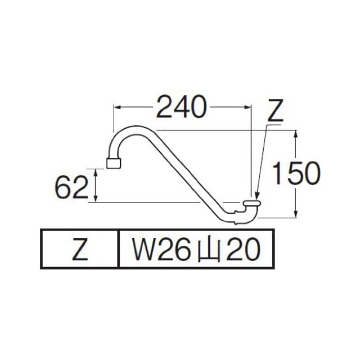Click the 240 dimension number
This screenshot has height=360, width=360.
point(181,107)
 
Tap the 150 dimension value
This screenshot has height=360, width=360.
point(296,173)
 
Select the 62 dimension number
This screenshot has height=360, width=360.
point(71,187)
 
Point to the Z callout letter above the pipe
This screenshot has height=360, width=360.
point(276,111)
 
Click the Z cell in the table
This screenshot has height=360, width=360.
point(80,249)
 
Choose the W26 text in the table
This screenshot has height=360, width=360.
point(161,249)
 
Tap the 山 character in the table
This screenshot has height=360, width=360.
point(209,250)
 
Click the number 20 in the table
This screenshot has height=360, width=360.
point(243,249)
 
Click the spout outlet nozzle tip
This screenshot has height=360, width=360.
point(114,163)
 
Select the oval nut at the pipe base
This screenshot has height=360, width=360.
point(252,203)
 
